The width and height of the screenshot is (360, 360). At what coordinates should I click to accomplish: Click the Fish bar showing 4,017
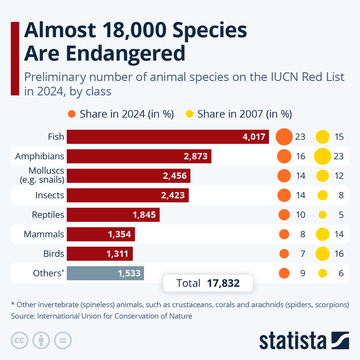click(x=168, y=137)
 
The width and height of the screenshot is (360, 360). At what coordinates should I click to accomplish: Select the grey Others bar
click(x=105, y=273)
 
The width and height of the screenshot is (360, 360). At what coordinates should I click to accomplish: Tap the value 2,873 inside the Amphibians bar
click(x=196, y=156)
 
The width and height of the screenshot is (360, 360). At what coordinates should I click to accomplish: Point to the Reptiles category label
click(x=48, y=215)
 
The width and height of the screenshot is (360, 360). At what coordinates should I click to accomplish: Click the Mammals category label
click(x=44, y=234)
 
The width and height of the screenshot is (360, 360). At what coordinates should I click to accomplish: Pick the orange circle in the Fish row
click(x=284, y=137)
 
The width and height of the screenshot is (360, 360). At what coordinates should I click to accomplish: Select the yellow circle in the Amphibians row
click(x=322, y=156)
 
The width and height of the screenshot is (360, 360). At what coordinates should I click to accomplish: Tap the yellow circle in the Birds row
click(x=322, y=254)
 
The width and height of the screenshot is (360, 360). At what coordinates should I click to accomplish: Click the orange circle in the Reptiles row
click(x=284, y=215)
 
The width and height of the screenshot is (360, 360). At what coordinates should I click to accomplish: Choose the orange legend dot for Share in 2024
click(x=72, y=114)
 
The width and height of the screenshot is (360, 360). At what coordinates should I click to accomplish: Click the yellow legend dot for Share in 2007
click(x=190, y=114)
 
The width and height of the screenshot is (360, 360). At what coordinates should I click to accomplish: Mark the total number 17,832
click(x=223, y=283)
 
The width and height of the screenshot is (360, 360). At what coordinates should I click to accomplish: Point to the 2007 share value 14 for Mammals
click(x=339, y=234)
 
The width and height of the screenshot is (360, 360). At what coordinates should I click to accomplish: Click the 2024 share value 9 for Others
click(x=303, y=273)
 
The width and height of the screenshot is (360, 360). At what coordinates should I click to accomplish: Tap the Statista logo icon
click(x=340, y=340)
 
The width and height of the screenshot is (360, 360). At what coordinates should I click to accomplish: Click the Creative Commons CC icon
click(x=19, y=340)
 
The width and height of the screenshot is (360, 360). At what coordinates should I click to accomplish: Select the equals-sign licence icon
click(x=63, y=340)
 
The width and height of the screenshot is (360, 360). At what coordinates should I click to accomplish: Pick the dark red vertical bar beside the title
click(x=15, y=58)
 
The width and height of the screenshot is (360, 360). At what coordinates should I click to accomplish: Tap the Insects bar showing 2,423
click(x=127, y=195)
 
